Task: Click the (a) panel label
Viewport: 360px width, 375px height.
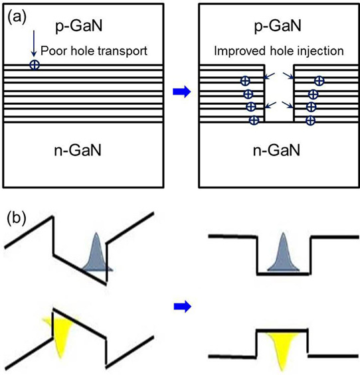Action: pos(17,18)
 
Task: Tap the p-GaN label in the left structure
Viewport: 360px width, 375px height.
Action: pos(79,26)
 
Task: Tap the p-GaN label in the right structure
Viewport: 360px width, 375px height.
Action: pos(278,26)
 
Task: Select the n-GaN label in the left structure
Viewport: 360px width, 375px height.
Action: pos(78,150)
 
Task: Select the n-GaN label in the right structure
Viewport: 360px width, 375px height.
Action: pos(276,150)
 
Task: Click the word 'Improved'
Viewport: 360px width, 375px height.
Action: pos(240,51)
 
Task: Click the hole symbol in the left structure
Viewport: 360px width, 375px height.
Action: pos(35,65)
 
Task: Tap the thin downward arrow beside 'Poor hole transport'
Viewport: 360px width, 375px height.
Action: pos(34,44)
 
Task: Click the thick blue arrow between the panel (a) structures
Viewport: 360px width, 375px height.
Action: pos(182,92)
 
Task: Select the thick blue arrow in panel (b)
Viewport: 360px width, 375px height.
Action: pos(183,307)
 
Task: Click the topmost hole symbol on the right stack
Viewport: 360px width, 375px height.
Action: pos(319,81)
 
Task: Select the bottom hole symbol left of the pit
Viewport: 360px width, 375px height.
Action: pos(254,119)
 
